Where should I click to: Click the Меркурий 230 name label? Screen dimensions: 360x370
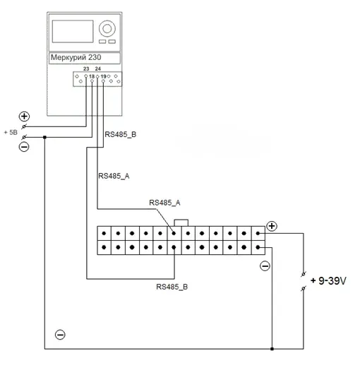[x=76, y=57]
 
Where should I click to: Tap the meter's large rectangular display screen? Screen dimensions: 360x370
[x=73, y=31]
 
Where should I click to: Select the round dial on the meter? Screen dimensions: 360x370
[x=107, y=29]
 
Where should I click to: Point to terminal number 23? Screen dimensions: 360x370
[x=86, y=68]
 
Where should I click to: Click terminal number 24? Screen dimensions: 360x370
[x=97, y=68]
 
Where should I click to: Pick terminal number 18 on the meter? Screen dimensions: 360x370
[x=92, y=76]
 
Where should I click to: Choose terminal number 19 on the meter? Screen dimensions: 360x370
[x=103, y=76]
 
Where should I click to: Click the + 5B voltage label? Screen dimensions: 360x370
[x=11, y=132]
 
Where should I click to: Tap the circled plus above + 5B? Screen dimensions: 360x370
[x=24, y=117]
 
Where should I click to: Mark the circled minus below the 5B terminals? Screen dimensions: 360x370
[x=24, y=147]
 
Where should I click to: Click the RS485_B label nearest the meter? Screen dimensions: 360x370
[x=121, y=134]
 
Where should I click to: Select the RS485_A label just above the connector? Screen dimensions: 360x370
[x=164, y=203]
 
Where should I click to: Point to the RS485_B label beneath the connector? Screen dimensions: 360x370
[x=172, y=287]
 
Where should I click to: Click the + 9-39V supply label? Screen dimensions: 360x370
[x=328, y=281]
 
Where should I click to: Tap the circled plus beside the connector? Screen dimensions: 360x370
[x=272, y=226]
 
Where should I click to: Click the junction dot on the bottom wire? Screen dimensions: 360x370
[x=272, y=349]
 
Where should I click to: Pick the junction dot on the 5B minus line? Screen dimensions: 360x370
[x=44, y=137]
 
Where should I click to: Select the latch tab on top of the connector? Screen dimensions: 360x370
[x=181, y=222]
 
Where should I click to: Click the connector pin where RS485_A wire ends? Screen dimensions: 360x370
[x=174, y=234]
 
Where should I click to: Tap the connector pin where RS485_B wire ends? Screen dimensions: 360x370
[x=174, y=247]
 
